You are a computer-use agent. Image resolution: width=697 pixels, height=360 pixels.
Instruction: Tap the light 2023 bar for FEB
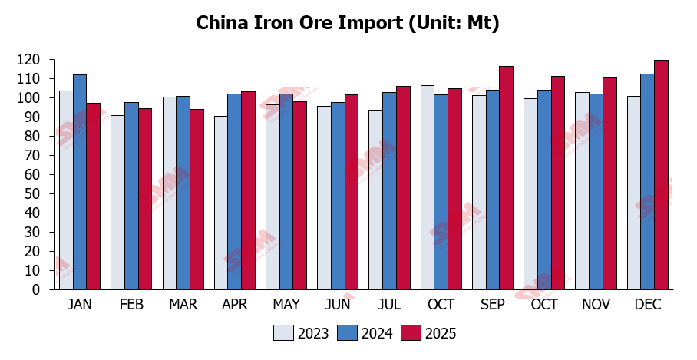click(x=117, y=203)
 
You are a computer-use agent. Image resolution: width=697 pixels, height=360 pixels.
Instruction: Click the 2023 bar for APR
click(x=220, y=203)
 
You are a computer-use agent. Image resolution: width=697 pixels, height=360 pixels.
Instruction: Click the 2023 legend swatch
click(x=282, y=333)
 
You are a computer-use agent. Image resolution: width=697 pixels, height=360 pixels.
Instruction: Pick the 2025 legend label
click(x=441, y=333)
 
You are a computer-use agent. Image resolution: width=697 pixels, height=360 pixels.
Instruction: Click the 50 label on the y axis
click(x=33, y=194)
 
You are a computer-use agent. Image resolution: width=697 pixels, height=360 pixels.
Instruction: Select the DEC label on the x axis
click(x=647, y=305)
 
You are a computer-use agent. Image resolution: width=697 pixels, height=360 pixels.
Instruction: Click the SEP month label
click(x=492, y=305)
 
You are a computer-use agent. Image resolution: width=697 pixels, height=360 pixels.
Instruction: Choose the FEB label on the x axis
click(x=131, y=305)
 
